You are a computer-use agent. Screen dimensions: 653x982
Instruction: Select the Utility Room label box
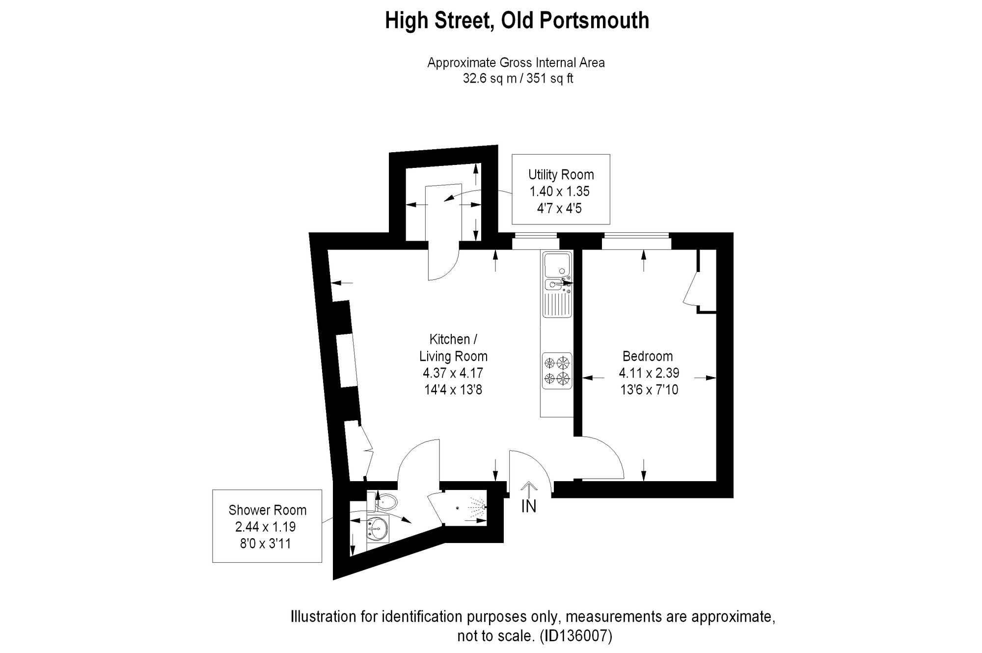(x=561, y=190)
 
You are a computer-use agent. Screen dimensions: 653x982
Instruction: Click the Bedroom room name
(x=648, y=356)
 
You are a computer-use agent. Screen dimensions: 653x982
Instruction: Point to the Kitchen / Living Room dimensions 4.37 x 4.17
(x=453, y=373)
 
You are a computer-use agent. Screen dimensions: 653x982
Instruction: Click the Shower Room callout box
(x=267, y=526)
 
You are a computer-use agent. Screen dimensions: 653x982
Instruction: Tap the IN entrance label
(x=528, y=506)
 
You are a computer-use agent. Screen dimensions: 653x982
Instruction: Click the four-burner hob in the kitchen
(x=557, y=371)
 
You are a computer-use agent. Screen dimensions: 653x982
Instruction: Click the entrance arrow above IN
(x=528, y=489)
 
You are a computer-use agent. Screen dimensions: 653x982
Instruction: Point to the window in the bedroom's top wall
(x=636, y=241)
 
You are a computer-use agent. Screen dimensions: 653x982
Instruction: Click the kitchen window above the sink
(x=535, y=241)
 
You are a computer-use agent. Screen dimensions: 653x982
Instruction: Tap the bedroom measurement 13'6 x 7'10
(x=649, y=390)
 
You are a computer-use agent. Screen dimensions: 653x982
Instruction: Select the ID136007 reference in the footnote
(x=576, y=636)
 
